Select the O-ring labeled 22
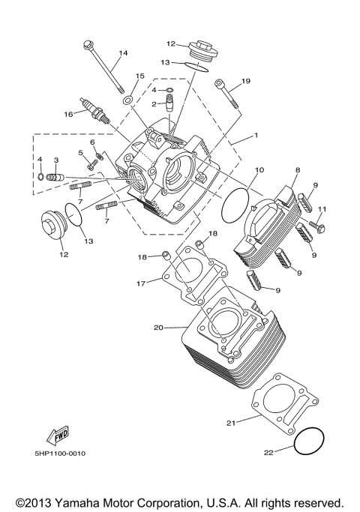308,442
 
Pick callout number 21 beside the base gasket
231,424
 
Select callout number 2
153,104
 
